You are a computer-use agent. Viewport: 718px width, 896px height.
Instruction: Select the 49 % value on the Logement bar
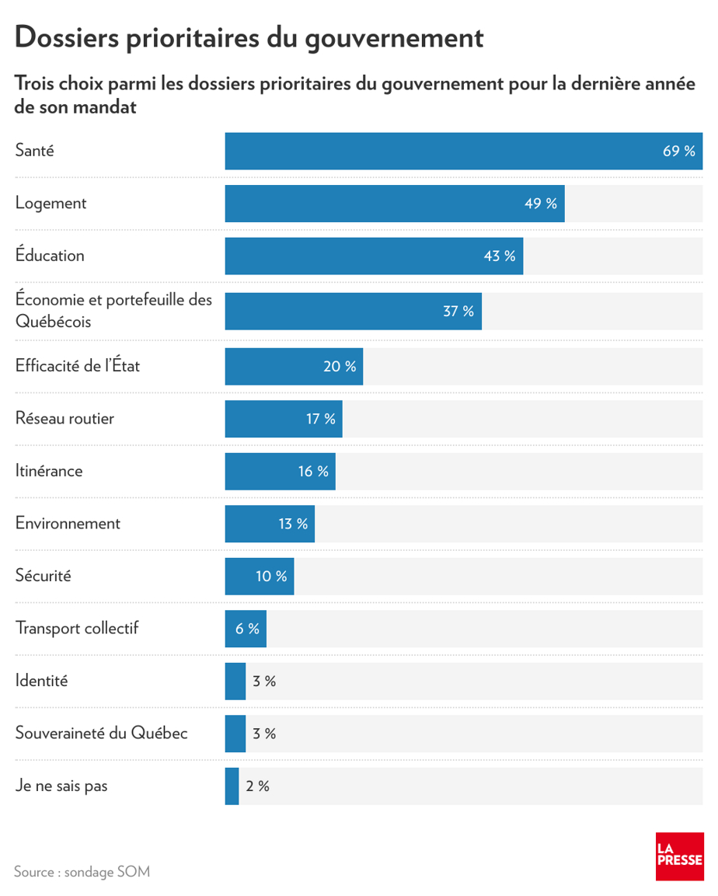(541, 204)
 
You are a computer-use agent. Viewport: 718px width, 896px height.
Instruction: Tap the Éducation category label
(50, 256)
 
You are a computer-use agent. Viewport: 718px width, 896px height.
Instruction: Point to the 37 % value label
(458, 312)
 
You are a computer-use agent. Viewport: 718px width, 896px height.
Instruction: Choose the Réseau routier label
(64, 419)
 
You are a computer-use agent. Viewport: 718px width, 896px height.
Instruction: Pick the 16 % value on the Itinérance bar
(313, 472)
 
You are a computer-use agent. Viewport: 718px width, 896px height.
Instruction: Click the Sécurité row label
(43, 577)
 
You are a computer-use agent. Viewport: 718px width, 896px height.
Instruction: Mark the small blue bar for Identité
(235, 682)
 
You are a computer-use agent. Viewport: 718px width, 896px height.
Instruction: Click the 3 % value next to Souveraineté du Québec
(264, 734)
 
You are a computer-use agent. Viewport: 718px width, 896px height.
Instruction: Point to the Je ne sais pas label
(61, 786)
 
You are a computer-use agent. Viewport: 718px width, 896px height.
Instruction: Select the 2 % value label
(257, 786)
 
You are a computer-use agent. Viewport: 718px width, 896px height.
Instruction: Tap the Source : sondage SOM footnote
(82, 872)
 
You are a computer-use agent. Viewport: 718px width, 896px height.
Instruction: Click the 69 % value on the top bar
(678, 151)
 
